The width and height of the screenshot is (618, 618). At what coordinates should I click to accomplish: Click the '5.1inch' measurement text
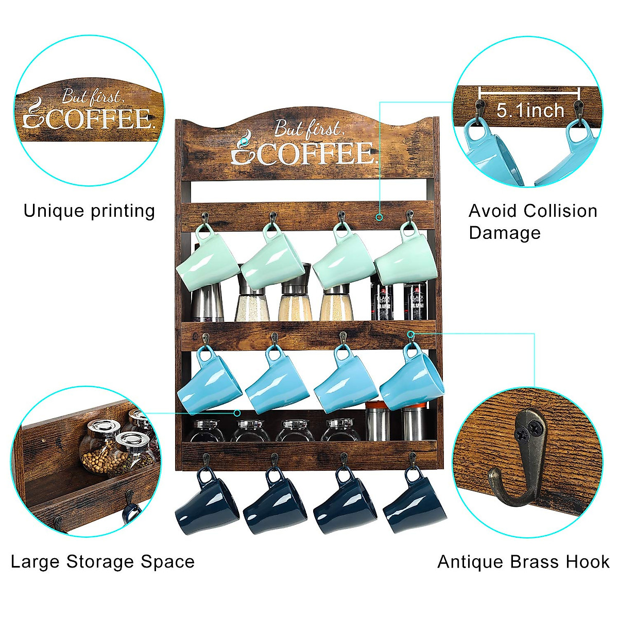(x=530, y=110)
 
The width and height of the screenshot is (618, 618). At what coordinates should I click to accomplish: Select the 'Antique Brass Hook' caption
(x=523, y=561)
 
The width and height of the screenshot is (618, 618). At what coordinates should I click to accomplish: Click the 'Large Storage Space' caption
(x=102, y=561)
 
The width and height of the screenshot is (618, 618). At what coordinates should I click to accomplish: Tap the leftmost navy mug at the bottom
(x=208, y=500)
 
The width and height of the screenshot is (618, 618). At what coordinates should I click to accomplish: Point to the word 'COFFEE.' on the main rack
(x=317, y=153)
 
